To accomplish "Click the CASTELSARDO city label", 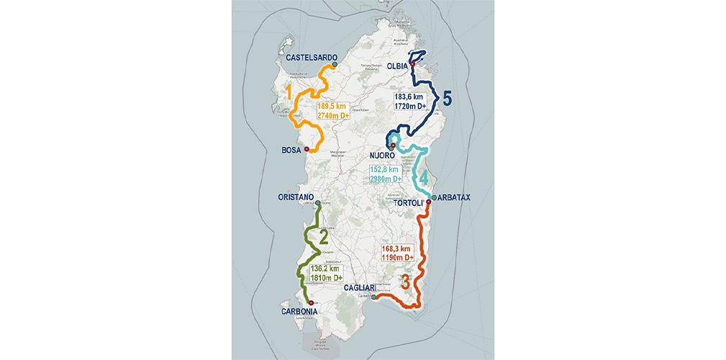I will (x=312, y=57).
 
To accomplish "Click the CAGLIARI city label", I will (x=360, y=288).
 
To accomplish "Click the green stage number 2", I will (x=324, y=236).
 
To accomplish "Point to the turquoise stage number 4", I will (x=425, y=177).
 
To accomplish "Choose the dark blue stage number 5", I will (x=446, y=99).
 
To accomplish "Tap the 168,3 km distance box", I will (x=396, y=253).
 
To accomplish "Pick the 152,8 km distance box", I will (x=386, y=174).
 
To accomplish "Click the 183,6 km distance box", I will (x=410, y=101).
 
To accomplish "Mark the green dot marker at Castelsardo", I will (x=335, y=65).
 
